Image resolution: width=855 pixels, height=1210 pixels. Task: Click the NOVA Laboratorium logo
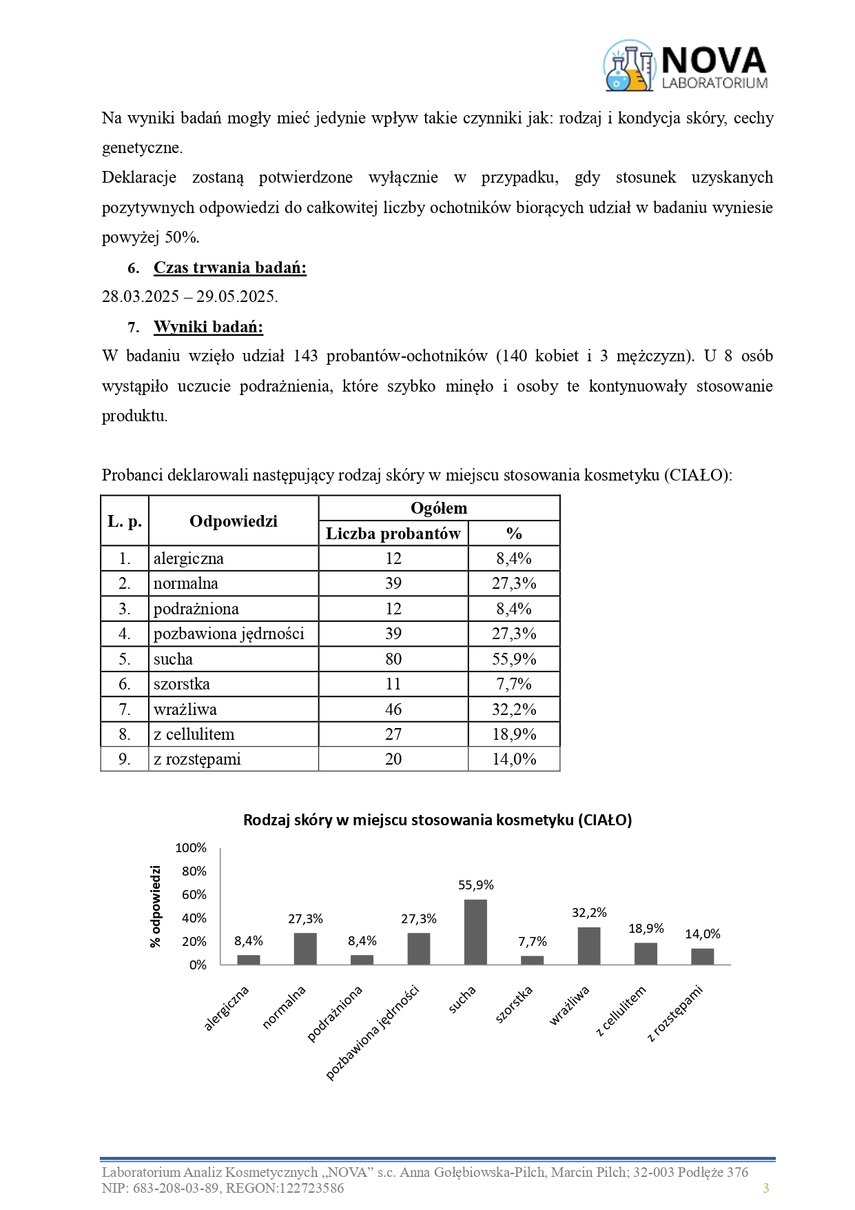tap(686, 66)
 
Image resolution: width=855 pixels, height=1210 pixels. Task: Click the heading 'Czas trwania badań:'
tap(229, 268)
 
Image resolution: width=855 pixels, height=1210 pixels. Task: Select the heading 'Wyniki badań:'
tap(208, 327)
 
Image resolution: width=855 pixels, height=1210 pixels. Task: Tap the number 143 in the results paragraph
tap(305, 356)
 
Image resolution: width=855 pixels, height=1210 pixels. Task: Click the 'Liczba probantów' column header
tap(393, 534)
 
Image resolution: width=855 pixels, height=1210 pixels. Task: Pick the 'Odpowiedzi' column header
tap(233, 521)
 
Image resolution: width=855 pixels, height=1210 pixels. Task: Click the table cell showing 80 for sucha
tap(393, 659)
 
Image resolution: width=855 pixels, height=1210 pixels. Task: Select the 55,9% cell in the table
tap(513, 659)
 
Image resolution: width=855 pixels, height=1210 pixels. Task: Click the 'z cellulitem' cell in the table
tap(194, 734)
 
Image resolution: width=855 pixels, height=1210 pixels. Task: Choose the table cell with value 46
tap(393, 709)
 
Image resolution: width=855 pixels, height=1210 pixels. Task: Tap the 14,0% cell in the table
tap(513, 759)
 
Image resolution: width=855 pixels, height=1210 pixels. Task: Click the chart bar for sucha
tap(475, 932)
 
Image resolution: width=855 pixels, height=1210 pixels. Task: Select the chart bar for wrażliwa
tap(588, 946)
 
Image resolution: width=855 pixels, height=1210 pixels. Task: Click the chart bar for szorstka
tap(532, 960)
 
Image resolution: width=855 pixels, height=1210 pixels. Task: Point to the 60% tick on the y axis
tap(194, 895)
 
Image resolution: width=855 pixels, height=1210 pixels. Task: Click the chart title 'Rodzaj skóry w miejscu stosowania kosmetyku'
tap(437, 820)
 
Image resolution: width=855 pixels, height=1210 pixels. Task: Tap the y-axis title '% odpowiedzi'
tap(156, 906)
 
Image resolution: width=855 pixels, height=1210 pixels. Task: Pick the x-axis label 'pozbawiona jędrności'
tap(373, 1032)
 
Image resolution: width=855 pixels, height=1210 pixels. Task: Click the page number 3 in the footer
tap(765, 1188)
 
